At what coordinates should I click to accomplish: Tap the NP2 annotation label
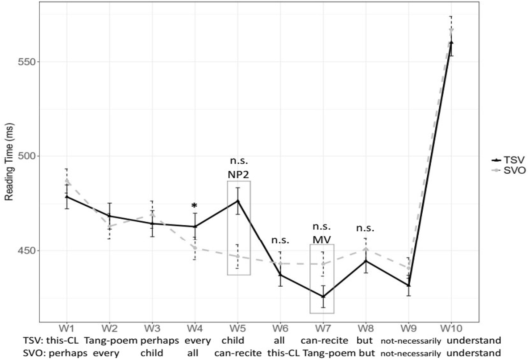[x=239, y=174]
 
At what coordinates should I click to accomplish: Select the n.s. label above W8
[x=365, y=228]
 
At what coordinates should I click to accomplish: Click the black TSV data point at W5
[x=238, y=201]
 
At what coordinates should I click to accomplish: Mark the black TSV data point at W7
[x=323, y=296]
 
